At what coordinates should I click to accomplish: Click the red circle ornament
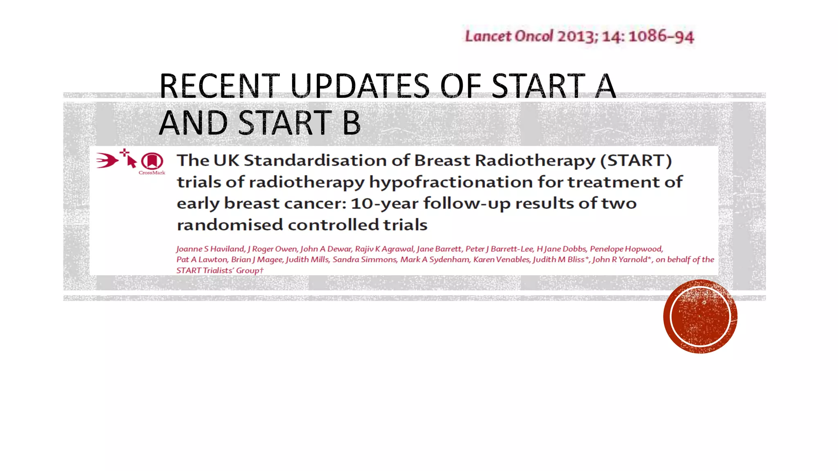[x=700, y=316]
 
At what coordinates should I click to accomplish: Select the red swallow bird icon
[x=107, y=160]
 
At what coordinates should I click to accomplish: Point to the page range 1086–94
[x=661, y=36]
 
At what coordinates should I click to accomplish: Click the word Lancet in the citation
[x=488, y=36]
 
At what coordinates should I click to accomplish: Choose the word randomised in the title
[x=230, y=225]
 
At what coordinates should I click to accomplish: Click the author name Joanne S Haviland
[x=210, y=249]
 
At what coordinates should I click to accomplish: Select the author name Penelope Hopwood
[x=626, y=249]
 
